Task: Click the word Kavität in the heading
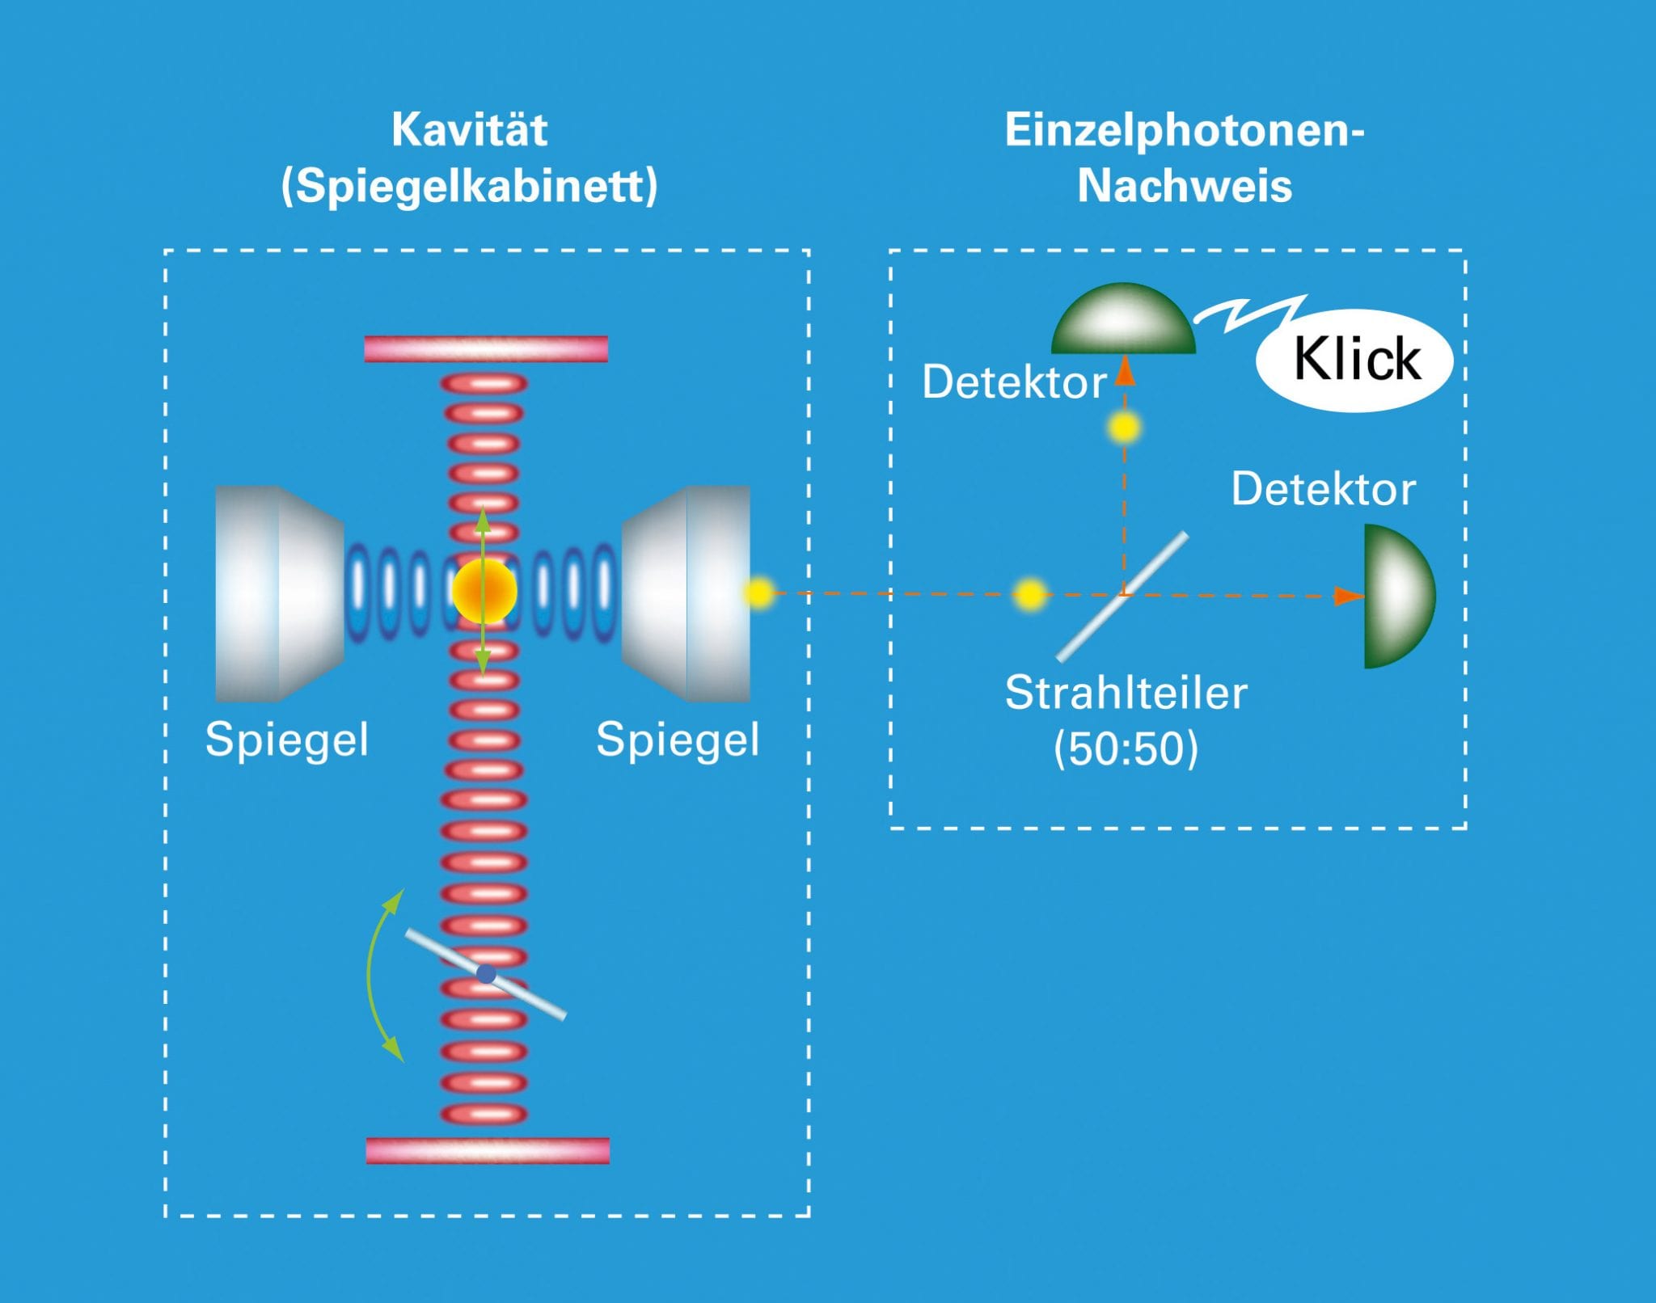coord(469,129)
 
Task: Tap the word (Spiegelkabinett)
coord(469,186)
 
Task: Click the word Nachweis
coord(1185,186)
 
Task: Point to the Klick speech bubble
coord(1355,360)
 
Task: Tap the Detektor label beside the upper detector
coord(1014,382)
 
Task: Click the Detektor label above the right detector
coord(1323,489)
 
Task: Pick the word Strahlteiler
coord(1126,693)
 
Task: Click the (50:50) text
coord(1126,748)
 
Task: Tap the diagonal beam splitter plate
coord(1122,597)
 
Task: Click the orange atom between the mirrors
coord(484,592)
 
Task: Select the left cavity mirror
coord(280,593)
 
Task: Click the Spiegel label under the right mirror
coord(678,740)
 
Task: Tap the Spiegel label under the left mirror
coord(287,740)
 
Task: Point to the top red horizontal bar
coord(486,348)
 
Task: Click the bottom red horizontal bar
coord(488,1150)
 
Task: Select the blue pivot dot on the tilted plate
coord(486,973)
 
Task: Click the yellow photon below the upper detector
coord(1124,427)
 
